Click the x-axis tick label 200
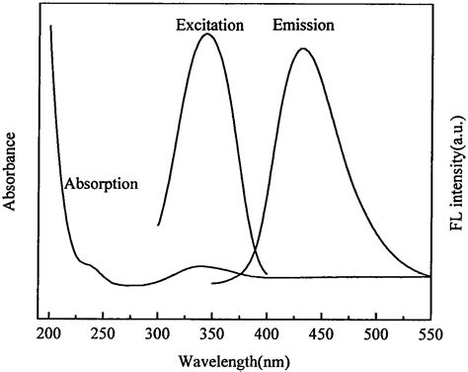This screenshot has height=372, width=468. (x=49, y=330)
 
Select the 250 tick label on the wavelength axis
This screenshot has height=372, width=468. (x=104, y=330)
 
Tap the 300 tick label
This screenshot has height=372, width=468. (x=158, y=330)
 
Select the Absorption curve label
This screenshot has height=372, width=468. (x=100, y=183)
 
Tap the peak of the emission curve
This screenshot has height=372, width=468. (x=303, y=48)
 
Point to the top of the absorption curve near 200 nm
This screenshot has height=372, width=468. (x=49, y=28)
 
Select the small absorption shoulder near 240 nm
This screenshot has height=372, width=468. (x=90, y=264)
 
